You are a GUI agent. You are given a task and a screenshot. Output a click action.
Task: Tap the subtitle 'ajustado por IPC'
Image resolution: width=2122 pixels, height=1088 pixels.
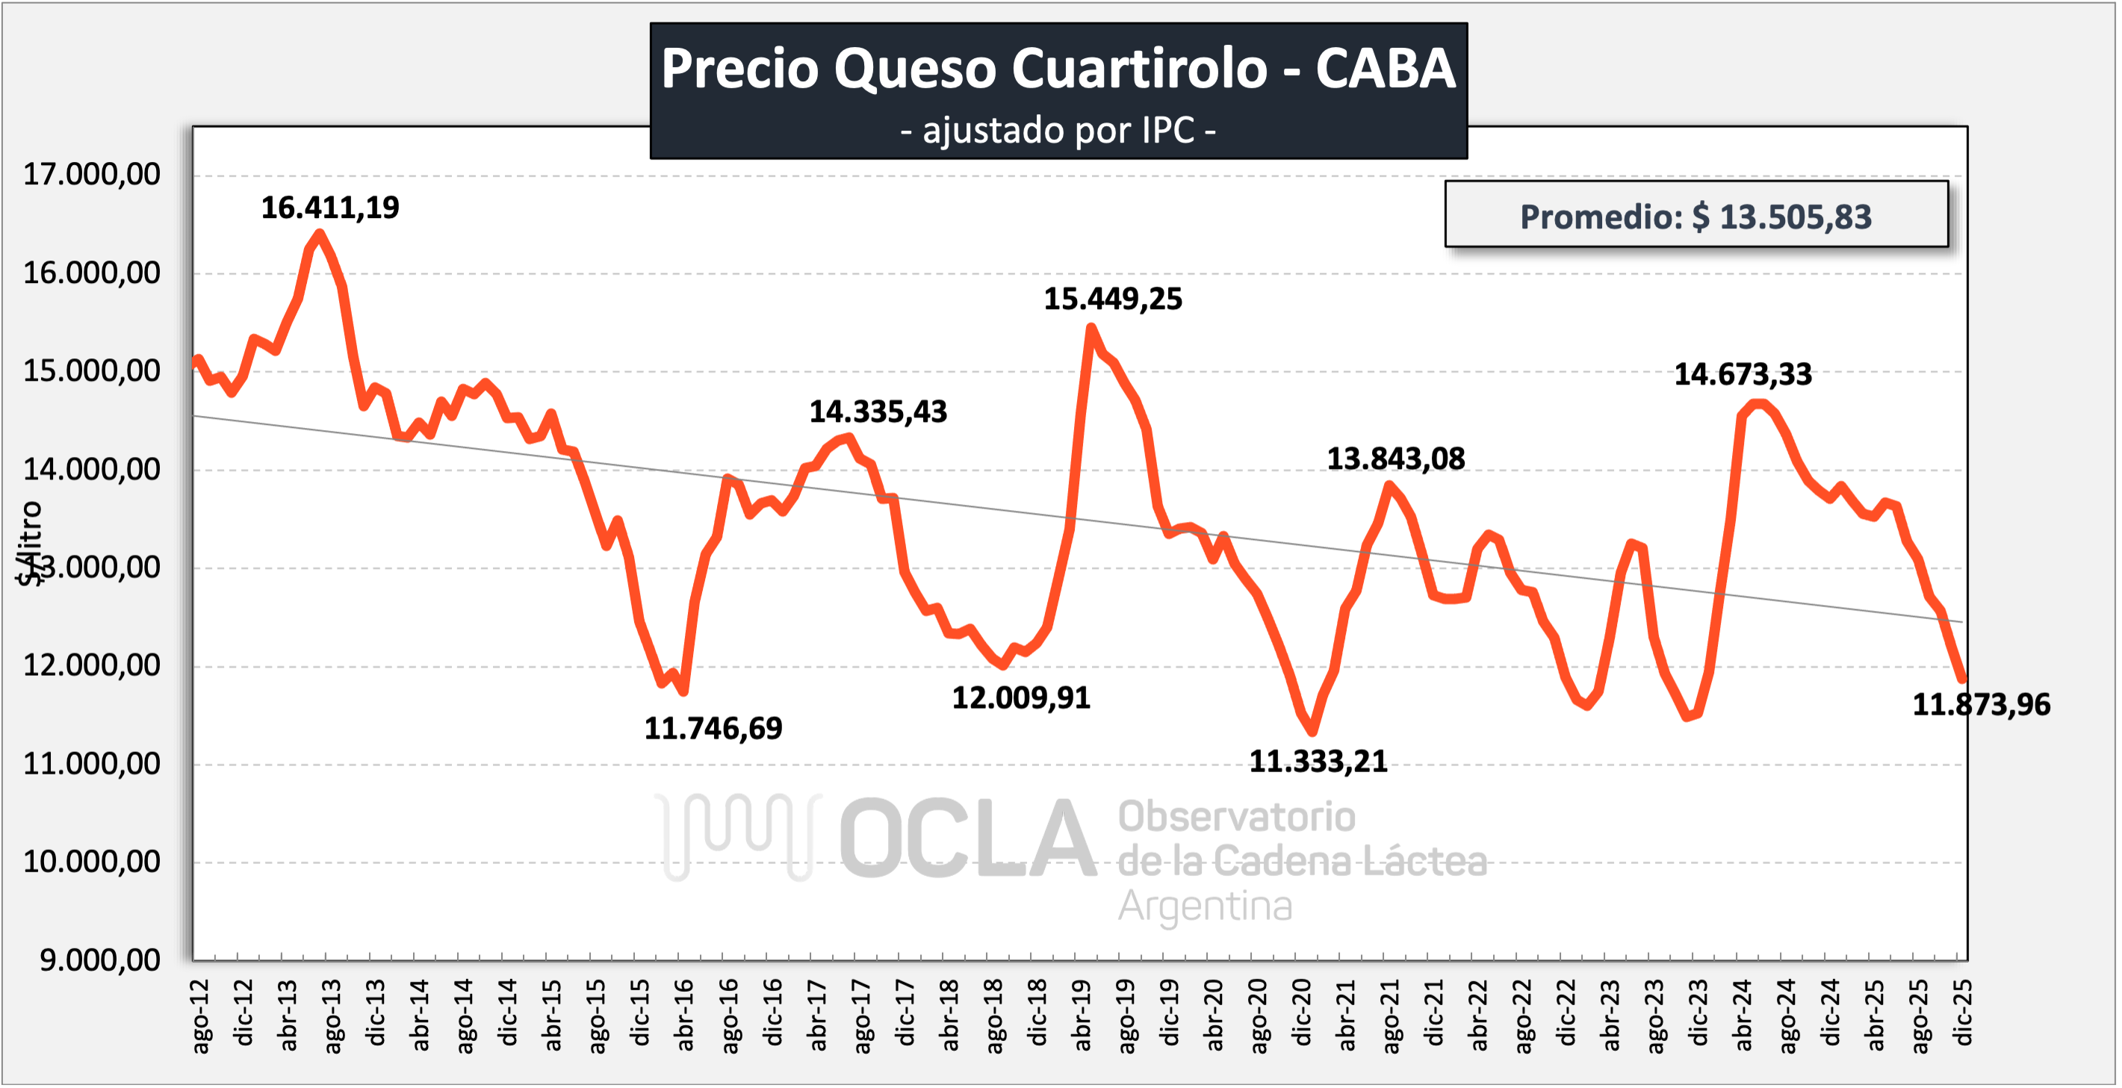1058,130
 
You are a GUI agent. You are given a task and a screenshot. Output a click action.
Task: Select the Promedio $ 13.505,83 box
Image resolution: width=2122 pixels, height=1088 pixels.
1696,216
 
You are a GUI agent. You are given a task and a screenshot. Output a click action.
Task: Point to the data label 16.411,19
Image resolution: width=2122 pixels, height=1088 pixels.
330,208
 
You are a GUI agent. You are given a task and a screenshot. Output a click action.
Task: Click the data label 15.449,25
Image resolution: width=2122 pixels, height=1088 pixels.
1113,298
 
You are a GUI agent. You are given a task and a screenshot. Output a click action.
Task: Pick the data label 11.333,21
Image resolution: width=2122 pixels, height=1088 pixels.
1318,761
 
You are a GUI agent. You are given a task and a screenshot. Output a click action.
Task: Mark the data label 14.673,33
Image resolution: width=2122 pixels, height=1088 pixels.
1743,375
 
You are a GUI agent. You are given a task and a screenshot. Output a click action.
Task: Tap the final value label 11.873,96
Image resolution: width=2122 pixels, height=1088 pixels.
1981,705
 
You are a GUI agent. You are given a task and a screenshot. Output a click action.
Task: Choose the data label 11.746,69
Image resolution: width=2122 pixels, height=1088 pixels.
713,728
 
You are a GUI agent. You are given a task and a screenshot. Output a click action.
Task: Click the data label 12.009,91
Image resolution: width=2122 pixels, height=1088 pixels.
1022,698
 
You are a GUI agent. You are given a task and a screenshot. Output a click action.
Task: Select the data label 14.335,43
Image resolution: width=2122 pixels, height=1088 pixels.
878,411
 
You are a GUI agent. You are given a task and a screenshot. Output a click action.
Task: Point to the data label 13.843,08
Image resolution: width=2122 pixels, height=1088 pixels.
1395,458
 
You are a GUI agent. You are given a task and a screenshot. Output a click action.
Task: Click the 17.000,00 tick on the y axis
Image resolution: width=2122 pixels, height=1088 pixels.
91,175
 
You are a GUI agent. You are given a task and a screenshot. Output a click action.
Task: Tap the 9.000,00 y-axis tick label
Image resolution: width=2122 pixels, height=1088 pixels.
99,960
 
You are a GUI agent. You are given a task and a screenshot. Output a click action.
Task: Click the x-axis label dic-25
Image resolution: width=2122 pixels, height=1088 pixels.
1964,1013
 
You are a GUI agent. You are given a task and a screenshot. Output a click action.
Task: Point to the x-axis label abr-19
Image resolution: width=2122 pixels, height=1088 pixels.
1082,1016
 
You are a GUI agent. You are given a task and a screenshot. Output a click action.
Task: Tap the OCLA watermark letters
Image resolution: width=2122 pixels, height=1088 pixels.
969,839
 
